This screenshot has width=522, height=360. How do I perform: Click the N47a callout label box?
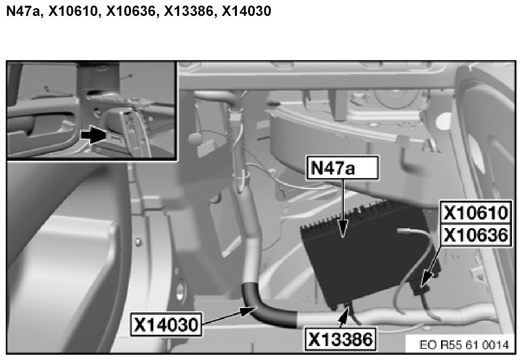342,167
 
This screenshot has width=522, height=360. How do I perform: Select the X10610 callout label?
476,212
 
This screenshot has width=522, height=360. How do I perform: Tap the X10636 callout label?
476,235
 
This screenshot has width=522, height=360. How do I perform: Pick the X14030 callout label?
166,324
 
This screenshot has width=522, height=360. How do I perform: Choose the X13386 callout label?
340,339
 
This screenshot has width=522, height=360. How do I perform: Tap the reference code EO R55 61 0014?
464,345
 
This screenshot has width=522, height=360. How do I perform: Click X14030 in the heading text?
247,11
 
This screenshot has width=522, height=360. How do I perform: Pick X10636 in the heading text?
131,11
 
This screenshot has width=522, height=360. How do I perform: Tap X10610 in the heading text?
73,11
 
